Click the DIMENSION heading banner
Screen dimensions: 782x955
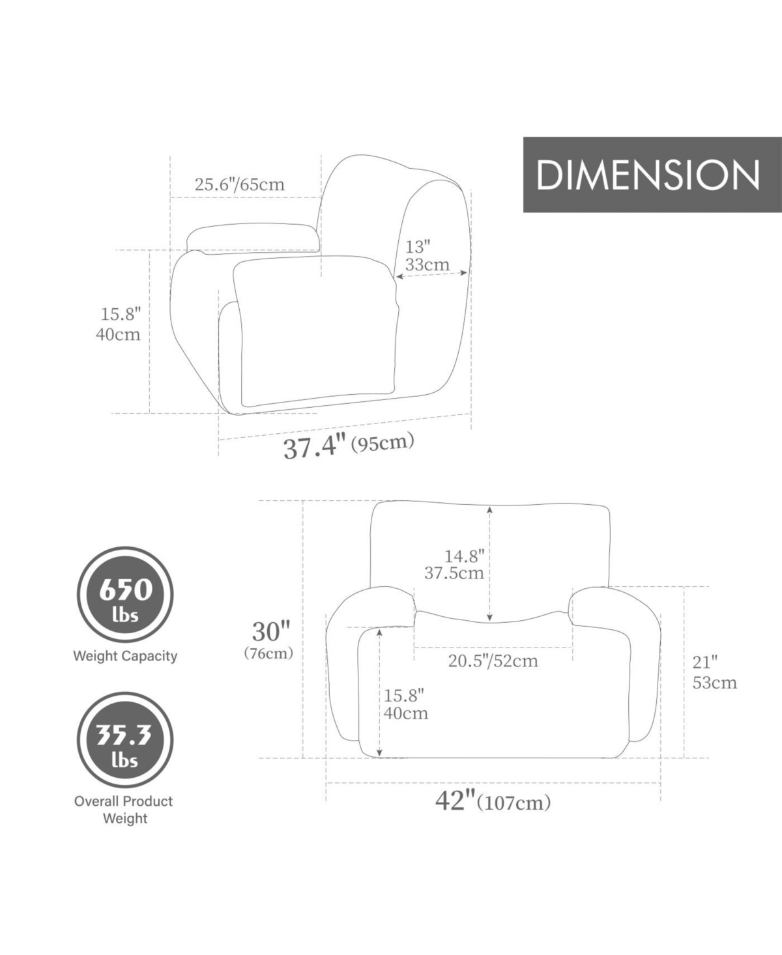click(652, 175)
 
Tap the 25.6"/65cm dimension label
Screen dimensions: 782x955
click(240, 185)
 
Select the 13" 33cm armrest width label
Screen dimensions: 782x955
click(427, 255)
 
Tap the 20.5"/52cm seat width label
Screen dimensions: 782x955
click(493, 661)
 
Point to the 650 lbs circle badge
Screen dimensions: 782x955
click(125, 594)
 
